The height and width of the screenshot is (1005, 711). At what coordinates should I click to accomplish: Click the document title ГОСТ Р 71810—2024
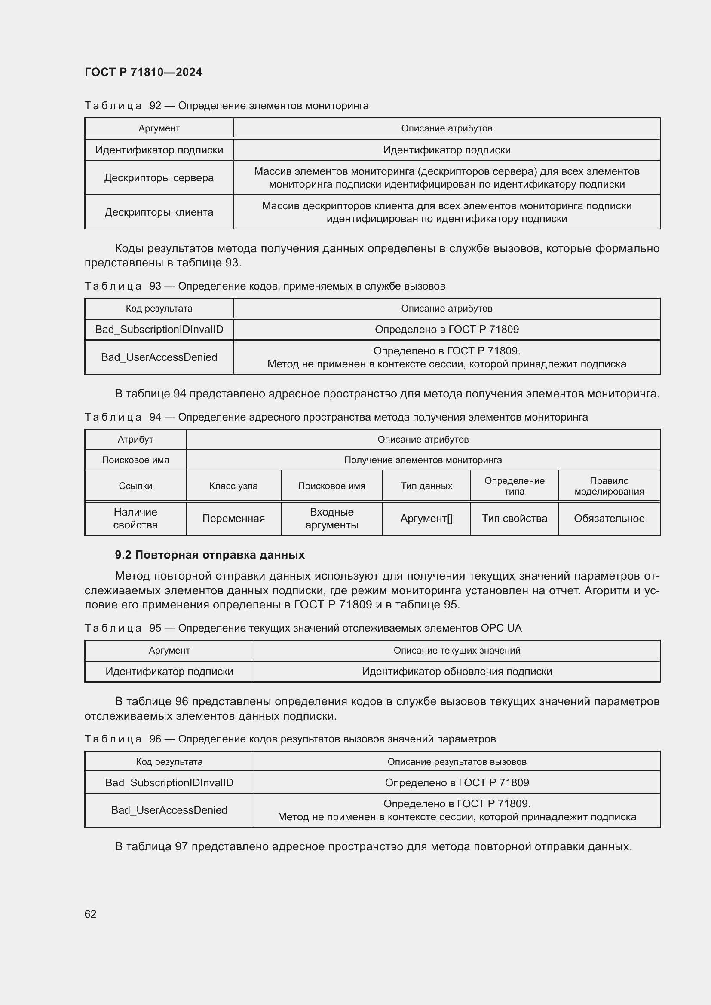click(143, 72)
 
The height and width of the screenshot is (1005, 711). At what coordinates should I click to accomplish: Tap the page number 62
click(91, 914)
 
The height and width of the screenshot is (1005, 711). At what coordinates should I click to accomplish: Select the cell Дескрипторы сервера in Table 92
click(159, 178)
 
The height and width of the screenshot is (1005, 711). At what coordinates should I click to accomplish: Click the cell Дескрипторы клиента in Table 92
click(159, 212)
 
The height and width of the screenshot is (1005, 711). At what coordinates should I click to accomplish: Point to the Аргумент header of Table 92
click(159, 128)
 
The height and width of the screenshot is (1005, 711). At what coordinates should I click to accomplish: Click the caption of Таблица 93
click(265, 286)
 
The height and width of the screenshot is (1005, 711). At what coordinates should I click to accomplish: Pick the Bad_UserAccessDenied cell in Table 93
click(159, 357)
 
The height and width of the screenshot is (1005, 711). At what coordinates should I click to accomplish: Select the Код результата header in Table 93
click(159, 308)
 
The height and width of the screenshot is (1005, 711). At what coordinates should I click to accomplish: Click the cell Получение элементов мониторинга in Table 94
click(423, 460)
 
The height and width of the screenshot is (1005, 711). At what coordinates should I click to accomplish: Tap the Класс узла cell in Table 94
click(233, 486)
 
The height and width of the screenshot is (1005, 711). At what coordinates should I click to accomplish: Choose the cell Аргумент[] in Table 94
click(426, 519)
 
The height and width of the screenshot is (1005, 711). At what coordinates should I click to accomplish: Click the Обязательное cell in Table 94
click(609, 519)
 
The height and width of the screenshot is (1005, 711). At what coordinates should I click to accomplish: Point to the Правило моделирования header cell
click(609, 486)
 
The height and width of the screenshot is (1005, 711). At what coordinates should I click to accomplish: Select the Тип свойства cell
click(515, 519)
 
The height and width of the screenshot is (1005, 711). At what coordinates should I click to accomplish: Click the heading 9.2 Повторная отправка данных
click(210, 555)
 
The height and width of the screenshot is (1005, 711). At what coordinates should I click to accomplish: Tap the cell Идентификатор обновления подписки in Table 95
click(457, 672)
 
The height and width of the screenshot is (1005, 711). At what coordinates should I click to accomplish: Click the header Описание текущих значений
click(457, 651)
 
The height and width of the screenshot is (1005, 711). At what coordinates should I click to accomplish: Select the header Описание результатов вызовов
click(457, 762)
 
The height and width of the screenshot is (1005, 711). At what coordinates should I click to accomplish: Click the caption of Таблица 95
click(303, 628)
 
